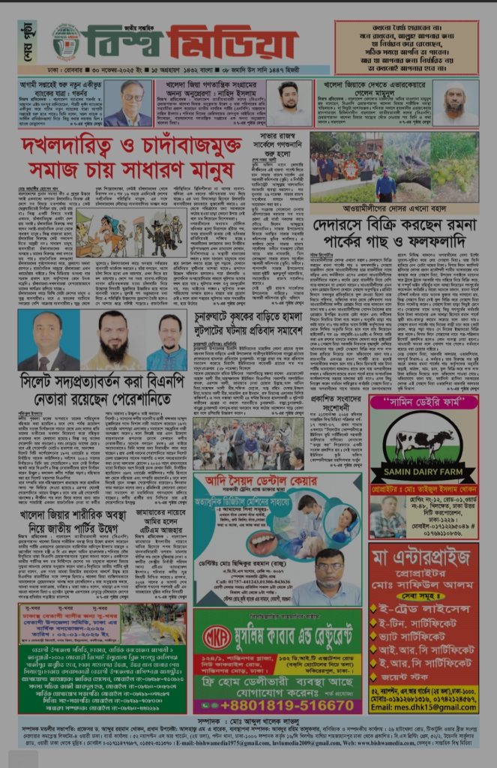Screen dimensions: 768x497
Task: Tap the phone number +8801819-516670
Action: coord(277,706)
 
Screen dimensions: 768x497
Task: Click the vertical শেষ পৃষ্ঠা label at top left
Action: coord(26,41)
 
